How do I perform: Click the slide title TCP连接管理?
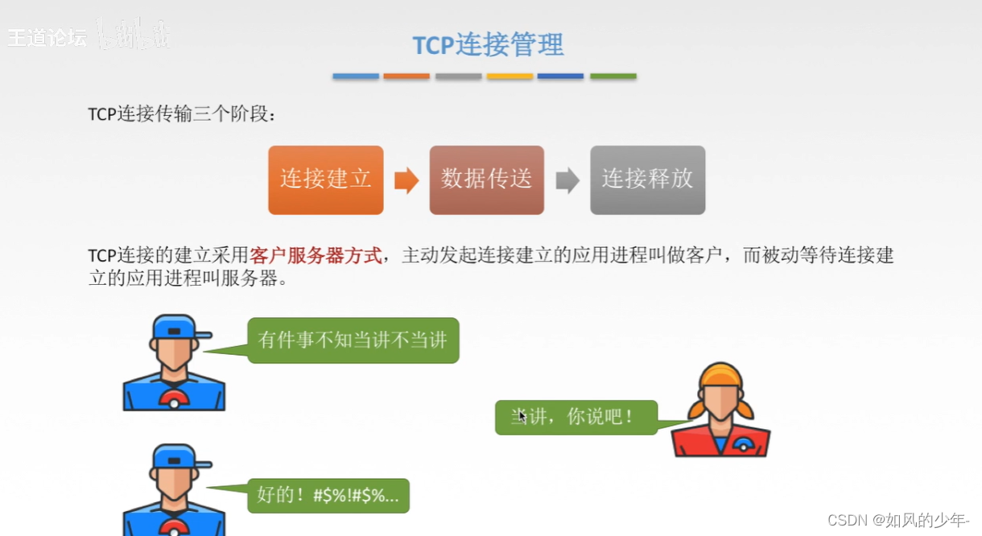488,45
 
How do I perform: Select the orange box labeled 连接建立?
325,179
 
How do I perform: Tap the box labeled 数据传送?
486,179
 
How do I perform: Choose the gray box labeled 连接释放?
647,179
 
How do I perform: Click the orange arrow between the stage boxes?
406,180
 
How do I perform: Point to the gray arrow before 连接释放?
567,180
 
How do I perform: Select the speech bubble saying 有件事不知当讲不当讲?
353,340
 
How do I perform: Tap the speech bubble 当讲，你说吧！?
576,417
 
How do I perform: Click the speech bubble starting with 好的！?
328,495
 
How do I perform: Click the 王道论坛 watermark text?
47,37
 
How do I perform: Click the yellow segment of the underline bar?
510,76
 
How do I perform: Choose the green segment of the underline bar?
613,76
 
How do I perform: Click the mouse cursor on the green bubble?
522,417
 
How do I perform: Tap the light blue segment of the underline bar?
356,76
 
